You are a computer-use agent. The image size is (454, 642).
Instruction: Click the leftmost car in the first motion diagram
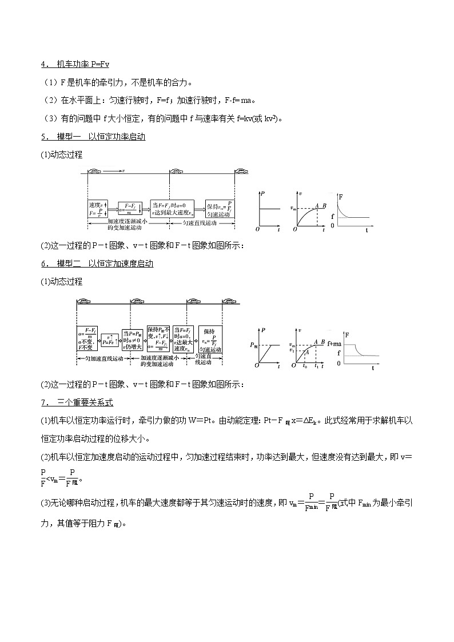point(93,170)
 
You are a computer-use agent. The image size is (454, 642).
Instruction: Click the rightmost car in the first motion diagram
point(241,170)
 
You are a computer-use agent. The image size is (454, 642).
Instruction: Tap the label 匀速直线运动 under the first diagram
point(202,224)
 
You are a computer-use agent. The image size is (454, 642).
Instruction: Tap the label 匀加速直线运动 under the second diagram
point(101,358)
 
